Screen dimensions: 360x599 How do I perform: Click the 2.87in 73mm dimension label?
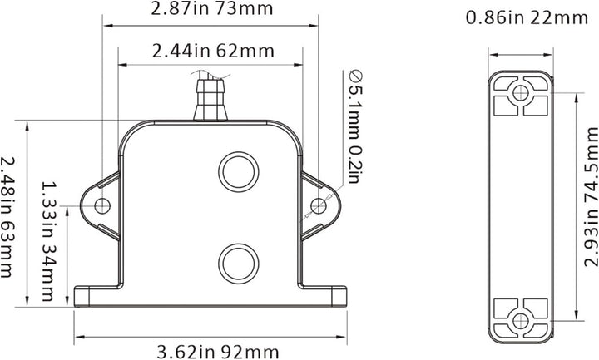coord(211,10)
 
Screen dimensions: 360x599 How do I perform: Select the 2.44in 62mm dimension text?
coord(212,51)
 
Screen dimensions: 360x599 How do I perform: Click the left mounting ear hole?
coord(102,205)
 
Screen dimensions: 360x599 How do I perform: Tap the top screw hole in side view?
coord(521,91)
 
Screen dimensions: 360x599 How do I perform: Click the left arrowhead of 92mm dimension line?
coord(78,337)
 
